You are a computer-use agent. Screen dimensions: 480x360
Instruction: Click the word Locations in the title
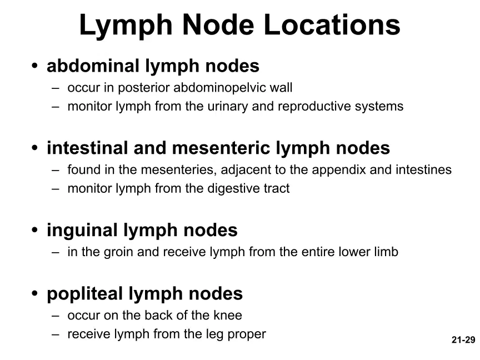[332, 25]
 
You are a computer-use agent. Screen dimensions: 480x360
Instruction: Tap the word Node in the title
[218, 25]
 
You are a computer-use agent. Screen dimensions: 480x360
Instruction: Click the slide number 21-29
[463, 339]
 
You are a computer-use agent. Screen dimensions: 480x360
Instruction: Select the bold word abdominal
[93, 66]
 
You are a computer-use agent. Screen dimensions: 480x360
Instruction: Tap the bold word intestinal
[87, 148]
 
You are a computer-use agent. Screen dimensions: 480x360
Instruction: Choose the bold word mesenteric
[221, 148]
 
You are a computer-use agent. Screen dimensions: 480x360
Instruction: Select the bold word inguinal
[82, 230]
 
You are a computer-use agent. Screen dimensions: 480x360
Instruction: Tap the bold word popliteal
[84, 293]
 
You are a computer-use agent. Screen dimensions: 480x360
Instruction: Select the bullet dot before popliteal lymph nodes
[34, 293]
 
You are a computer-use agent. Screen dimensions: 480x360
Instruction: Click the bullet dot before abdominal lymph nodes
[34, 65]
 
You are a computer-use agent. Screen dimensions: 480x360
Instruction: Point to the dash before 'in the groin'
[56, 253]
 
